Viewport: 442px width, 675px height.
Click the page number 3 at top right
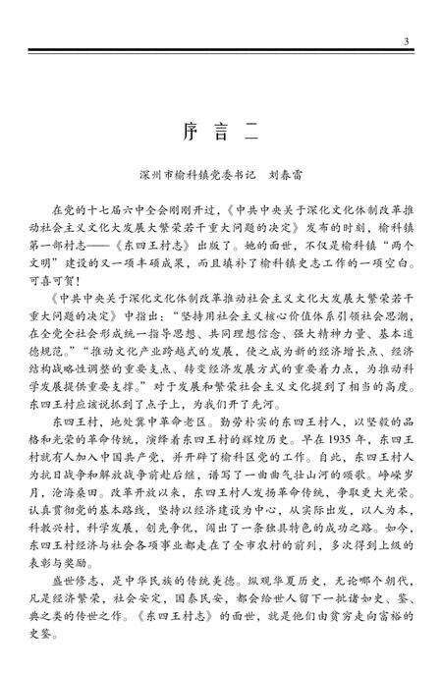(x=406, y=41)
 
